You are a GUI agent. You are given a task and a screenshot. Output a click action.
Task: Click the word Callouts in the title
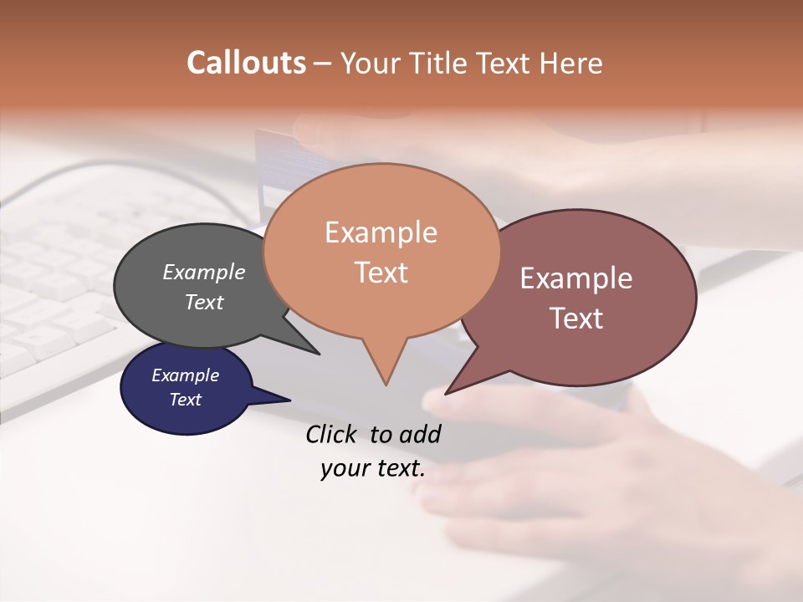click(x=246, y=63)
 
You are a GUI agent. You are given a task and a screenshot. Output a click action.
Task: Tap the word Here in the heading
click(x=570, y=63)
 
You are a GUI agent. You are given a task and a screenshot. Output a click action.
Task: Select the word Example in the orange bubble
click(x=381, y=232)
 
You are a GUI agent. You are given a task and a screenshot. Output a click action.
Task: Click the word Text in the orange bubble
click(x=381, y=272)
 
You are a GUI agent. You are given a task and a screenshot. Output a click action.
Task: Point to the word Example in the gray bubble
click(x=204, y=272)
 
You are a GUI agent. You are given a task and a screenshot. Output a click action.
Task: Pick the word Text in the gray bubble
click(x=204, y=302)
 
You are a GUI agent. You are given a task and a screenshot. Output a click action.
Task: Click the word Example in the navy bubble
click(x=185, y=375)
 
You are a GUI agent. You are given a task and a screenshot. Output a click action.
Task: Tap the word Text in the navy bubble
click(x=185, y=400)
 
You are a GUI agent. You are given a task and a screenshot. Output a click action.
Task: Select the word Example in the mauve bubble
click(x=576, y=278)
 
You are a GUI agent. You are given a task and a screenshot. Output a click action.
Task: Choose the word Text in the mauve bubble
click(x=576, y=318)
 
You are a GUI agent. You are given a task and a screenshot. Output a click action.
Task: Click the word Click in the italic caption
click(x=333, y=434)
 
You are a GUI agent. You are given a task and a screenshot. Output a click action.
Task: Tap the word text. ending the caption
click(x=398, y=468)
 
